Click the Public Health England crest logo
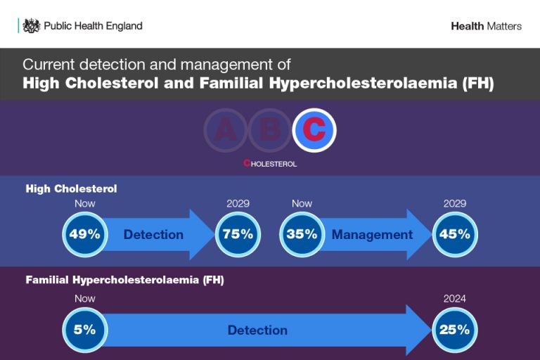(x=32, y=26)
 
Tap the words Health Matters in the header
(x=487, y=26)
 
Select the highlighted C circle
(x=314, y=130)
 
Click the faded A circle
(x=226, y=130)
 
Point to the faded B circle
(x=270, y=130)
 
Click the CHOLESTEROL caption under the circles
(x=270, y=163)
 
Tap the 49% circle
(x=84, y=234)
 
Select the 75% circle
(x=238, y=234)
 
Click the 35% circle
(x=302, y=234)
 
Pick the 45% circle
(x=455, y=234)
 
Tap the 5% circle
(x=84, y=330)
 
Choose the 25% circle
(x=455, y=330)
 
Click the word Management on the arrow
(x=372, y=235)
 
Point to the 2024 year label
(x=455, y=298)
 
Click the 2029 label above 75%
(x=238, y=203)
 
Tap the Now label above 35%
(x=302, y=203)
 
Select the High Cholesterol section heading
(x=71, y=188)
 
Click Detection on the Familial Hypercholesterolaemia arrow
(x=257, y=330)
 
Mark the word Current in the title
(x=49, y=65)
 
